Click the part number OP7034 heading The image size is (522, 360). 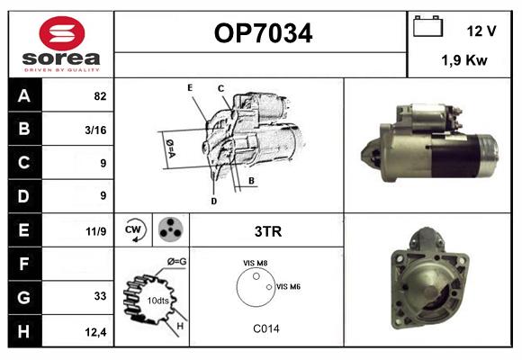[x=264, y=33]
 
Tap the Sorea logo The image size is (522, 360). [x=60, y=44]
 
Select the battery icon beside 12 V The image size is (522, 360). [x=428, y=27]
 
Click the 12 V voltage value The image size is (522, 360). [x=481, y=31]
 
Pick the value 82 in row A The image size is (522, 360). [x=99, y=96]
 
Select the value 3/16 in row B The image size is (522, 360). [x=95, y=130]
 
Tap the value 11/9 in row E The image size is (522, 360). [x=95, y=231]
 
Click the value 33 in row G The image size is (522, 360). [x=99, y=296]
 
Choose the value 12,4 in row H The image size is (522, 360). [x=95, y=332]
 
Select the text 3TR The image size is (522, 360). [x=268, y=231]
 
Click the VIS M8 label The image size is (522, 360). [x=255, y=263]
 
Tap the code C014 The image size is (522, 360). [x=265, y=328]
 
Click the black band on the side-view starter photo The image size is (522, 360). [x=454, y=157]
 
